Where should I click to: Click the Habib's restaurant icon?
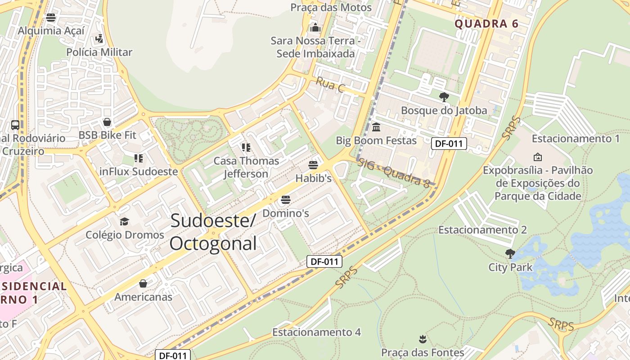click(313, 165)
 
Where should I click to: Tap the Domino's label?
click(285, 213)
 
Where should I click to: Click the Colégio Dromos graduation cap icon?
click(124, 221)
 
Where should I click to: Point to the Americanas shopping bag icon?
click(143, 283)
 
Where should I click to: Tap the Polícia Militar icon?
click(99, 39)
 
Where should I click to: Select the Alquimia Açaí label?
click(51, 31)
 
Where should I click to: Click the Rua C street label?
click(330, 85)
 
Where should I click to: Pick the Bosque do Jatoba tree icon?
click(444, 97)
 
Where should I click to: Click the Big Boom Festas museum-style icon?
click(376, 127)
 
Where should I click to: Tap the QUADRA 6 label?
click(486, 24)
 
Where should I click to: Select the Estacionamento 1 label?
click(576, 139)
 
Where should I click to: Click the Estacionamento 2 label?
click(482, 230)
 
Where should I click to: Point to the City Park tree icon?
click(510, 254)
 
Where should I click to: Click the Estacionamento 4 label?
click(316, 332)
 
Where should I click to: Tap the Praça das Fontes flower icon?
click(422, 338)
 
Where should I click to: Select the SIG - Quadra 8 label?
click(394, 173)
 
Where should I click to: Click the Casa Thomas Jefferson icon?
click(246, 147)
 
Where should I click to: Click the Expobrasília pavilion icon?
click(537, 157)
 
